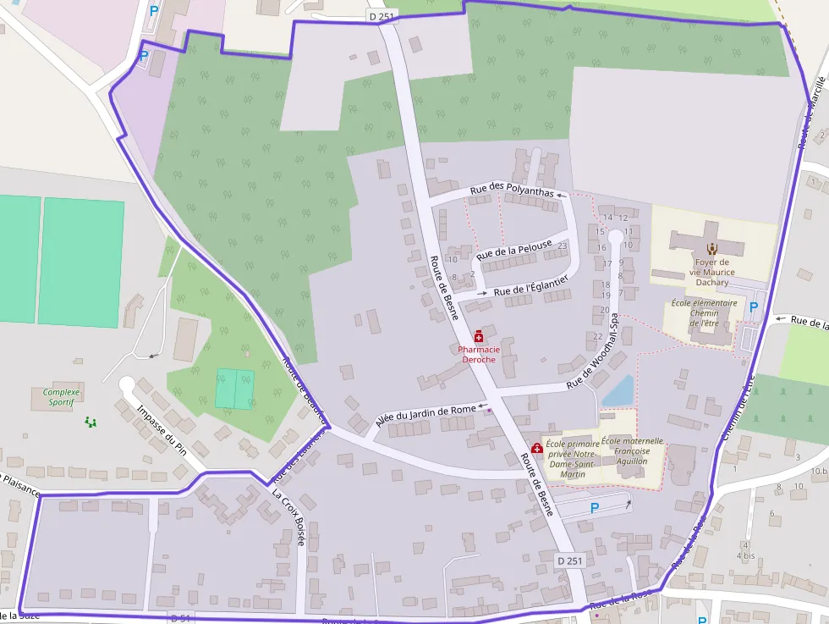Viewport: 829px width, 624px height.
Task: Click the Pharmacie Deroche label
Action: point(479,354)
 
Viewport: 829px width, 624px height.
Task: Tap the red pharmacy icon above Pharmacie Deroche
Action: point(479,337)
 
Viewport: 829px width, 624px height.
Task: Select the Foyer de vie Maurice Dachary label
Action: point(711,272)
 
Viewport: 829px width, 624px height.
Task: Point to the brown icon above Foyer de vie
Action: point(712,249)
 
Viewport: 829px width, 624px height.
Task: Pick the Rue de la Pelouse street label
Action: point(513,249)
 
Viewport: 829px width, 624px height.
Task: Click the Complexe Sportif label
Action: point(61,397)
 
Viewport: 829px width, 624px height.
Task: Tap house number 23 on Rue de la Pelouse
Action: point(563,246)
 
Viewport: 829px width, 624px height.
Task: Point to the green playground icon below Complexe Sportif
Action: point(91,421)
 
